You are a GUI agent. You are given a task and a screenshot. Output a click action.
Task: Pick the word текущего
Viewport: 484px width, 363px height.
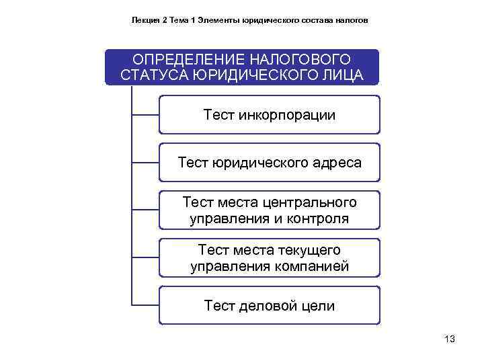308,250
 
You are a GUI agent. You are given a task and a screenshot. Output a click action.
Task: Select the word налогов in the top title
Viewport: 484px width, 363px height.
353,20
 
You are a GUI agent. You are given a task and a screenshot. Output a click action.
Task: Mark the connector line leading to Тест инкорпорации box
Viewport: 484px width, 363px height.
145,115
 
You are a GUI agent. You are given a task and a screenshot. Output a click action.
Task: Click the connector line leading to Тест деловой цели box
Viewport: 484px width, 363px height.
145,306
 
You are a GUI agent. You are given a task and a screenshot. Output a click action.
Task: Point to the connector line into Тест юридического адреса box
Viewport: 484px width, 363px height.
145,163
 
